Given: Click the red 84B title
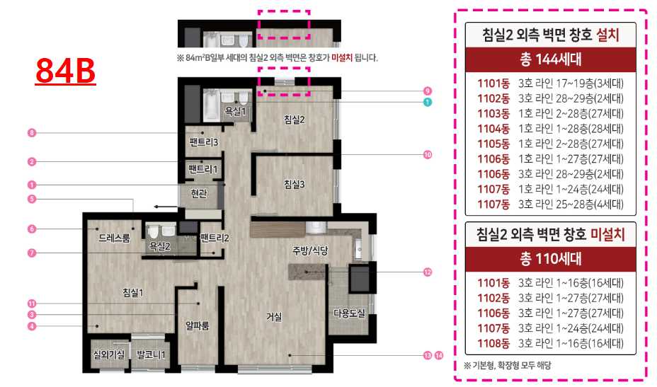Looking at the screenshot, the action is tap(65, 71).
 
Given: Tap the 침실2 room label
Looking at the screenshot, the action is tap(294, 120).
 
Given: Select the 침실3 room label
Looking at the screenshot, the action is tap(294, 184).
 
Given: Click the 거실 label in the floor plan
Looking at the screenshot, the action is tap(274, 317).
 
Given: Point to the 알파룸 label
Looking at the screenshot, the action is tap(197, 325).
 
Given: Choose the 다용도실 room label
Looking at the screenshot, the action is tap(349, 313).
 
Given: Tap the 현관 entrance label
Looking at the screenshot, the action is tap(199, 194).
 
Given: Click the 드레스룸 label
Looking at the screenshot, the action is tap(114, 238).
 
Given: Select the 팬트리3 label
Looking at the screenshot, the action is tap(204, 142).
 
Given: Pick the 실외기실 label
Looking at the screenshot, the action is tap(108, 354).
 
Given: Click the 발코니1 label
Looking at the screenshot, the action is tap(151, 354).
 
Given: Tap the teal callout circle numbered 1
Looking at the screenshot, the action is tap(427, 102).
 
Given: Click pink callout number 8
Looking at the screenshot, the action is tap(31, 133).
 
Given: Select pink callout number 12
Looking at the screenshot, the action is tap(428, 272).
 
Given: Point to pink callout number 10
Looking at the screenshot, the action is tap(428, 155).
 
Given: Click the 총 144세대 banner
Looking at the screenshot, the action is tap(551, 59).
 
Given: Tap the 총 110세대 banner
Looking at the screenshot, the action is tap(551, 259).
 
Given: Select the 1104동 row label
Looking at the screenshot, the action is tap(493, 129).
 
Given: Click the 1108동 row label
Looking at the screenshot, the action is tap(493, 343).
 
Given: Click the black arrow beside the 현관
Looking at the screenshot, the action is tap(166, 207).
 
